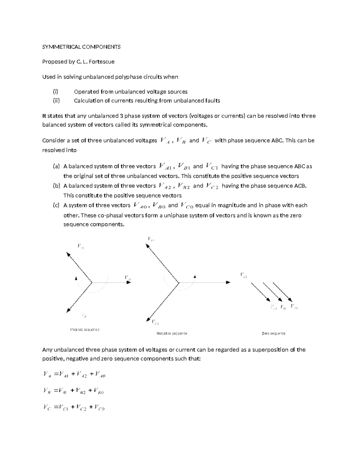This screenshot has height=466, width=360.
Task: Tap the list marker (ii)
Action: pyautogui.click(x=56, y=101)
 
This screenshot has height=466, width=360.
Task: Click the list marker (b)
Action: pyautogui.click(x=56, y=186)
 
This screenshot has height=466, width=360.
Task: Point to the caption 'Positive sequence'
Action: pyautogui.click(x=85, y=329)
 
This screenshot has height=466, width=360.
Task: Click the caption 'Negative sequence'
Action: pyautogui.click(x=172, y=333)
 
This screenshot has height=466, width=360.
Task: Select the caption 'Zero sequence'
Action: pyautogui.click(x=274, y=333)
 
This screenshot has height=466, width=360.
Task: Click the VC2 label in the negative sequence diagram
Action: pyautogui.click(x=155, y=323)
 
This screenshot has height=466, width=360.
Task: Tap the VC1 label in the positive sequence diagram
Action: pyautogui.click(x=81, y=247)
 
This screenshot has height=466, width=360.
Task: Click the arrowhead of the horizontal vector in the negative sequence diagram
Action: pyautogui.click(x=228, y=282)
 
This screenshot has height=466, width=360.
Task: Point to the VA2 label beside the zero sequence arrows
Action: pyautogui.click(x=243, y=275)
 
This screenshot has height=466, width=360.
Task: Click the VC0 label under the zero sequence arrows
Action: pyautogui.click(x=294, y=307)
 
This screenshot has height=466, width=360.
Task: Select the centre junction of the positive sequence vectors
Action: pyautogui.click(x=91, y=282)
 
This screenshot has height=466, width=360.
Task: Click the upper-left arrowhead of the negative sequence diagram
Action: pyautogui.click(x=147, y=245)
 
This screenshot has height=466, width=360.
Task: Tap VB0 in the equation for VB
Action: pyautogui.click(x=99, y=391)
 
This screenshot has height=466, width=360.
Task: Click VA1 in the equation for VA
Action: pyautogui.click(x=64, y=374)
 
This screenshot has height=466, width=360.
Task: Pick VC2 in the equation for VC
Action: pyautogui.click(x=81, y=407)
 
